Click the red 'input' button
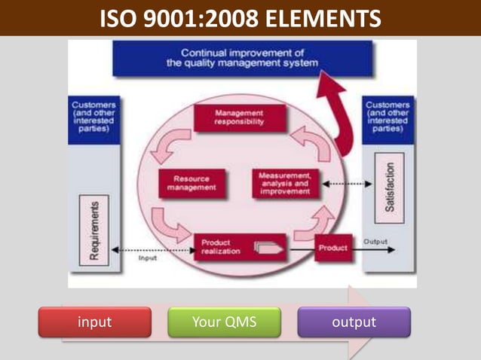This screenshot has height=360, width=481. tap(95, 322)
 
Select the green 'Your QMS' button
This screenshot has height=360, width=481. tap(224, 322)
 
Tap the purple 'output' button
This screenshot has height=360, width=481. tap(354, 322)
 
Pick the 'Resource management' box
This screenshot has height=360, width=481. tap(191, 184)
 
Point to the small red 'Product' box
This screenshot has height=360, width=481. tap(332, 248)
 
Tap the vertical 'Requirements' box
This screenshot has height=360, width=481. tap(94, 229)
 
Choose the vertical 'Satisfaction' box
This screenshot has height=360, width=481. tap(389, 186)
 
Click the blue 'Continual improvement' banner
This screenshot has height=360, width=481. tap(242, 59)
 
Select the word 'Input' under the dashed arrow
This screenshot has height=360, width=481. tap(148, 258)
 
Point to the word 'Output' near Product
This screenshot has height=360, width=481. tap(375, 242)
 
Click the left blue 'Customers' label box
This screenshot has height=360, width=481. tap(94, 117)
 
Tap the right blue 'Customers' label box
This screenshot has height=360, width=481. tap(388, 117)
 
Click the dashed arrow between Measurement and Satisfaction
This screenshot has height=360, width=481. tap(343, 184)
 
